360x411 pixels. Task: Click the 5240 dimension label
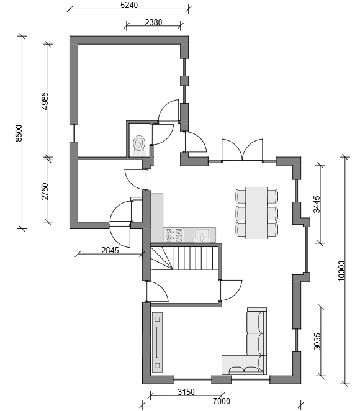tap(129, 5)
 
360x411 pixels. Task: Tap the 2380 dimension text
tap(153, 22)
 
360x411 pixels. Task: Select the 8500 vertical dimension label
tap(19, 133)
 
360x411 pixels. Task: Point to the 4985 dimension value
tap(45, 101)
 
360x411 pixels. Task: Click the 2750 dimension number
tap(45, 191)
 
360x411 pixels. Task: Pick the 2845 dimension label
tap(110, 250)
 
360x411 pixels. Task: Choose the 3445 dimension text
tap(317, 204)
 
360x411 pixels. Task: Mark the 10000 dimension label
tap(341, 271)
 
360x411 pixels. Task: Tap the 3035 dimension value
tap(317, 341)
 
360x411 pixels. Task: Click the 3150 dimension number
tap(186, 392)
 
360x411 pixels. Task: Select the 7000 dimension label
tap(222, 401)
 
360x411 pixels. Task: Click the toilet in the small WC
tap(139, 146)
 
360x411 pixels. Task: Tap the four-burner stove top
tap(174, 235)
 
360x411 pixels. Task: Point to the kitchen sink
tap(202, 235)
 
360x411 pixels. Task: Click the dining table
tap(256, 213)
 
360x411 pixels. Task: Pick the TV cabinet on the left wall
tap(157, 342)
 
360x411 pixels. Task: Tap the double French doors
tap(242, 150)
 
